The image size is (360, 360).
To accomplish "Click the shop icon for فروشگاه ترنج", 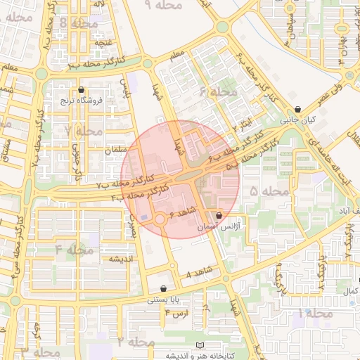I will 82,90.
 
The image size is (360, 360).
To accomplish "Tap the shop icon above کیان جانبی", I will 300,110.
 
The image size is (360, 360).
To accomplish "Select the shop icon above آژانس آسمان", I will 219,215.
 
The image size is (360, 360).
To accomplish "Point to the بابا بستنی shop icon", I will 164,288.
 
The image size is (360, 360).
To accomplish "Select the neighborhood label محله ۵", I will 269,191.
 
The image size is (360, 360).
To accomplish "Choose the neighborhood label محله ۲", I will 136,342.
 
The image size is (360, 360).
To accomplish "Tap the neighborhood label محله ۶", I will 218,93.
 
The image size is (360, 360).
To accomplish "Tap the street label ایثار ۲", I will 242,125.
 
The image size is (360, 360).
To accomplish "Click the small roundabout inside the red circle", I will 160,219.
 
